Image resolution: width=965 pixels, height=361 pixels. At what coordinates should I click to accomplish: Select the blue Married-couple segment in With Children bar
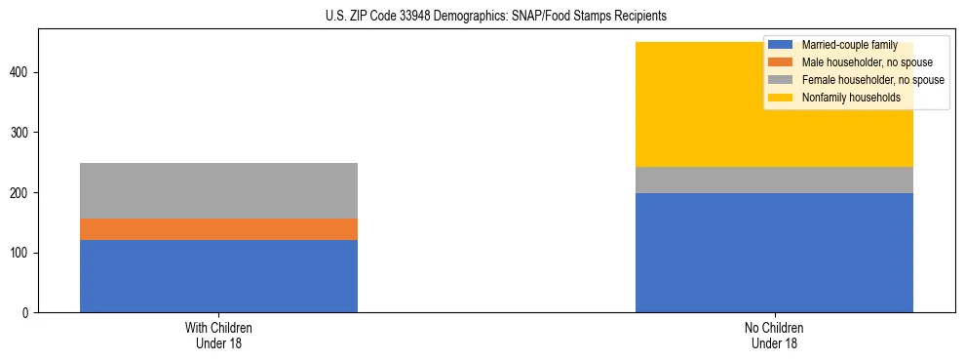[218, 276]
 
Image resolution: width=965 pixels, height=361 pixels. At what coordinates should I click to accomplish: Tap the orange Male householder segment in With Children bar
[218, 229]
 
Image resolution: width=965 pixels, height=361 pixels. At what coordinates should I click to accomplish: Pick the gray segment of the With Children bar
[218, 190]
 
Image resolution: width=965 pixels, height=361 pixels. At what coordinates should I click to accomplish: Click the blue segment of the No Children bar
[774, 253]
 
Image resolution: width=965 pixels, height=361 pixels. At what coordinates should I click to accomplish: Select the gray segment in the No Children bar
[774, 180]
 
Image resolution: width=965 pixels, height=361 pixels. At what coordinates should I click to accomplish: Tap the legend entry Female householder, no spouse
[872, 80]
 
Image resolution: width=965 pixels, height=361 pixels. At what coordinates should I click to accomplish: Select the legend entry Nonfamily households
[850, 98]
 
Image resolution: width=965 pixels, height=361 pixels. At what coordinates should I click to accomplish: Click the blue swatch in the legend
[781, 45]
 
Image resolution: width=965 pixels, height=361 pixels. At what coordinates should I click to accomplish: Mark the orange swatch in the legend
[781, 62]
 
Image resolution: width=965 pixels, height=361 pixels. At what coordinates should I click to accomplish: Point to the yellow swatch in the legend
[781, 98]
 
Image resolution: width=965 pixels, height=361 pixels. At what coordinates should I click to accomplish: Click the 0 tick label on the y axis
[28, 313]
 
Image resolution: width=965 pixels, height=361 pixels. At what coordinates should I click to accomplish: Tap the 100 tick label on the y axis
[22, 253]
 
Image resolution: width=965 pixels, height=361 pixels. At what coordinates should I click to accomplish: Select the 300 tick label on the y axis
[22, 133]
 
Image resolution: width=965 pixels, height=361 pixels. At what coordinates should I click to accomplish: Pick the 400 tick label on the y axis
[22, 72]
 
